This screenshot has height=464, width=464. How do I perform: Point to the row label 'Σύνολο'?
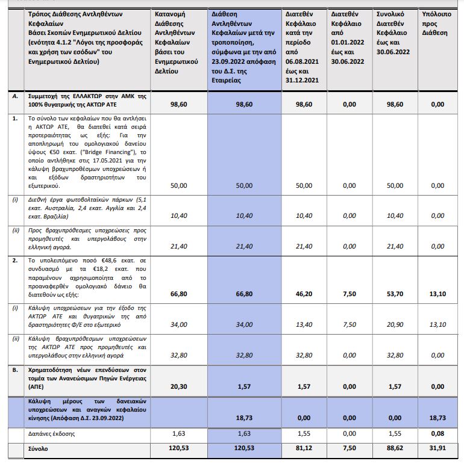coord(40,448)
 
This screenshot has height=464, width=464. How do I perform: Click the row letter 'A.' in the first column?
coord(14,96)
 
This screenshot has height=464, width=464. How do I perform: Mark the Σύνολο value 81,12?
coord(303,448)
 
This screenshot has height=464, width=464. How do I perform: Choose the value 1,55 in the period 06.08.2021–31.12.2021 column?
coord(303,433)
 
